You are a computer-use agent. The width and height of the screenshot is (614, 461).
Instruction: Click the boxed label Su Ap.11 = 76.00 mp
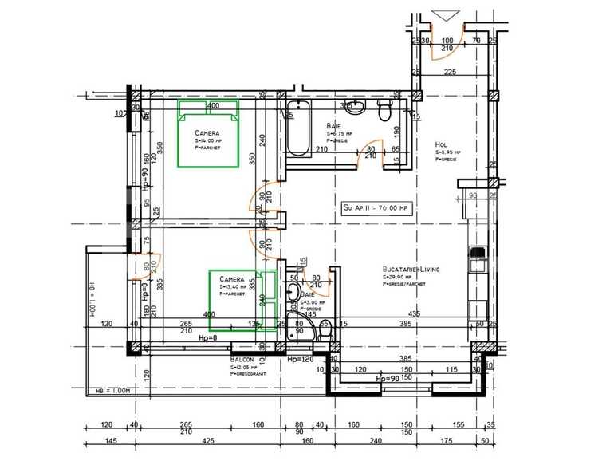click(x=375, y=207)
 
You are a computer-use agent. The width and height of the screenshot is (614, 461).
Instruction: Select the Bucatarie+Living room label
click(x=411, y=270)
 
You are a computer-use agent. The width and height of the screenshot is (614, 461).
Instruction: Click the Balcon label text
click(x=242, y=361)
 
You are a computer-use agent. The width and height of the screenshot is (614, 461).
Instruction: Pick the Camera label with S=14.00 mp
click(x=207, y=132)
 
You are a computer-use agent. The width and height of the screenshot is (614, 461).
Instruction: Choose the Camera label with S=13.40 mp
click(x=231, y=279)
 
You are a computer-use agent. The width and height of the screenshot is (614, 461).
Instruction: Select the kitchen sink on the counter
click(x=478, y=255)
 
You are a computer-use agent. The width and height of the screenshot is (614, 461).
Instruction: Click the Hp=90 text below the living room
click(x=388, y=379)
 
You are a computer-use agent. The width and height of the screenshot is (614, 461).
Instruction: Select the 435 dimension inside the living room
click(x=414, y=313)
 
